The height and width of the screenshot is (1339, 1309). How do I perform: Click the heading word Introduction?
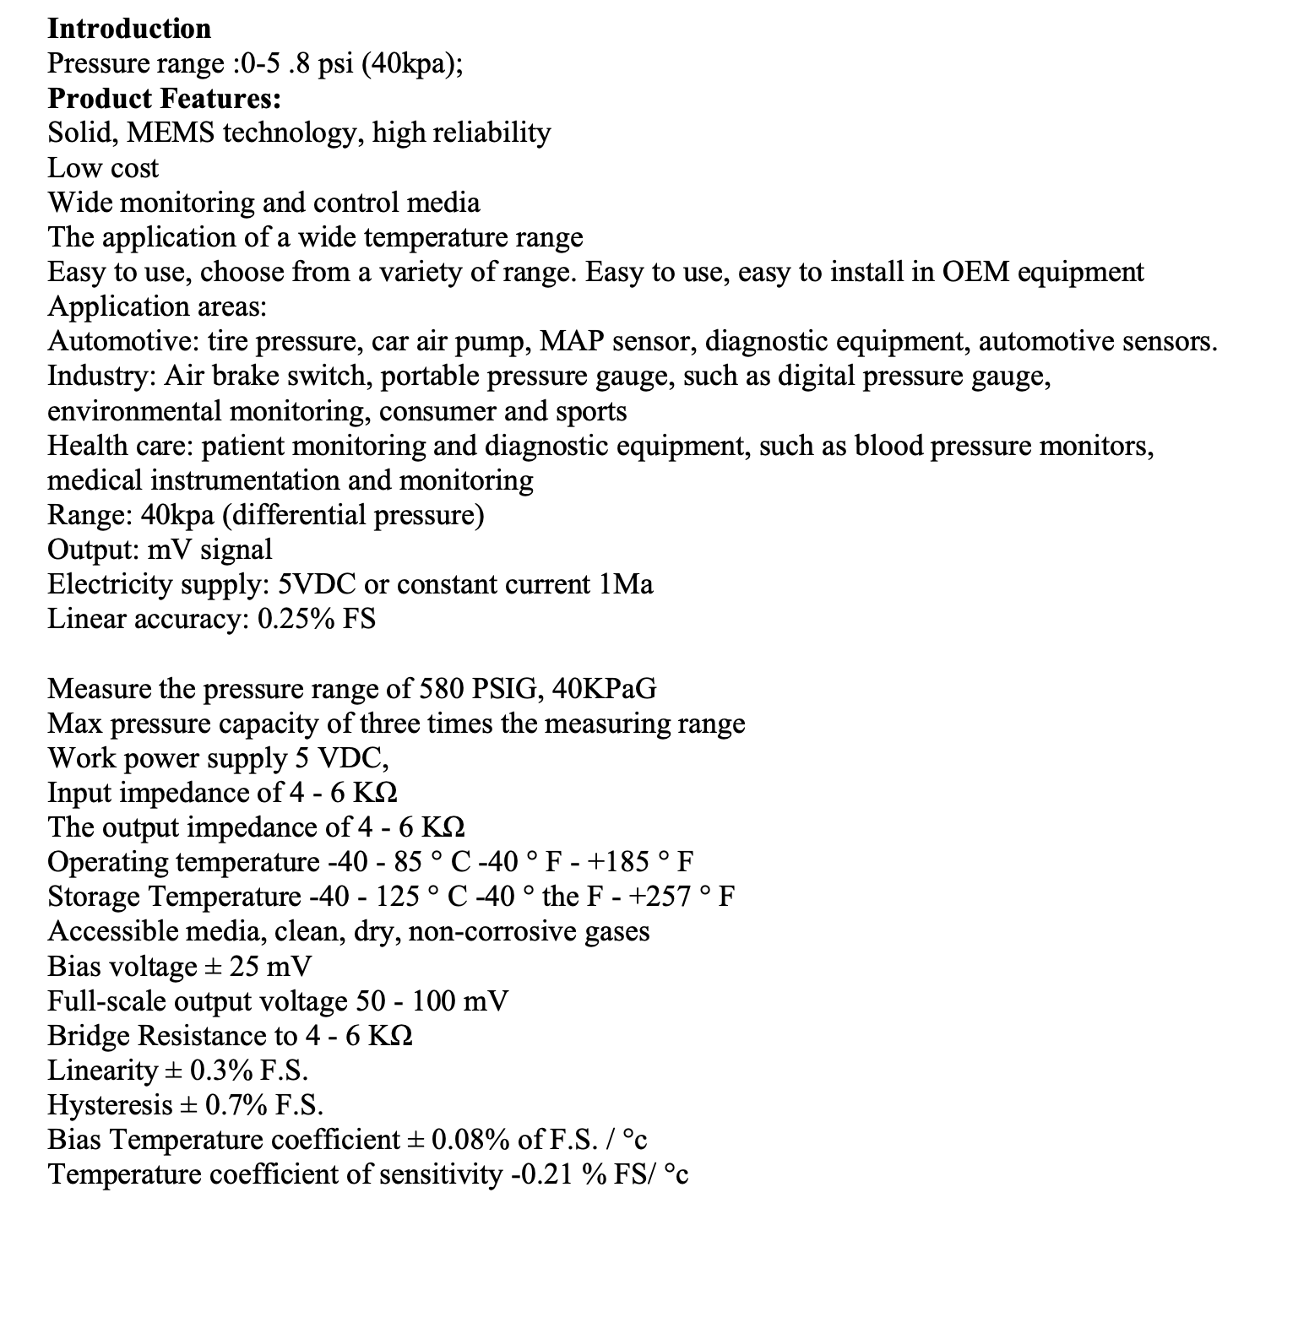click(129, 29)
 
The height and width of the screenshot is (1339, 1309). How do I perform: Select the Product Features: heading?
click(165, 99)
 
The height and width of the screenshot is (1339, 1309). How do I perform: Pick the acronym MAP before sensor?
click(571, 341)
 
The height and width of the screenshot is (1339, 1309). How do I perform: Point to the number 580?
click(441, 689)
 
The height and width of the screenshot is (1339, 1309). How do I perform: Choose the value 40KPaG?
click(603, 689)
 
